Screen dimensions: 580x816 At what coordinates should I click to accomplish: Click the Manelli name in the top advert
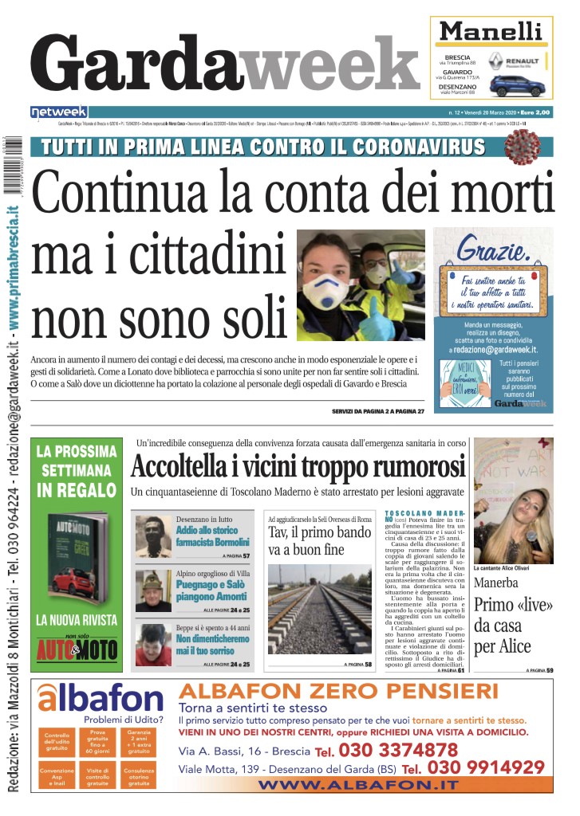point(491,31)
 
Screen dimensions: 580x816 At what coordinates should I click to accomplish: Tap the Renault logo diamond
point(495,60)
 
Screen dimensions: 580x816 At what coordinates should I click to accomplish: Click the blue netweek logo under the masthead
point(59,112)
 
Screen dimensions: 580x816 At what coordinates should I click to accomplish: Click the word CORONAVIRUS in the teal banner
point(412,147)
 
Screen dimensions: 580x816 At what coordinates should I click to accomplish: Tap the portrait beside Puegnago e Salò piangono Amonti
point(152,590)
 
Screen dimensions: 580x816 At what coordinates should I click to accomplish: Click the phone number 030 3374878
point(397,749)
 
